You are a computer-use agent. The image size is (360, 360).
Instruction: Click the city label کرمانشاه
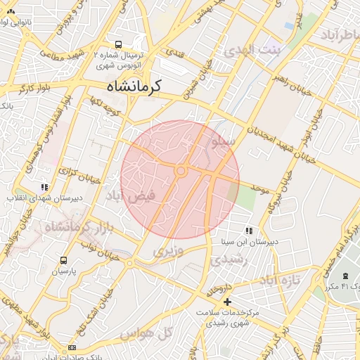click(134, 86)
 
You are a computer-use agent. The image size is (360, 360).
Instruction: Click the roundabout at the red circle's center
click(181, 171)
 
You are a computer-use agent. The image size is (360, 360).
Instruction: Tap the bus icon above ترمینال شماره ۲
click(118, 44)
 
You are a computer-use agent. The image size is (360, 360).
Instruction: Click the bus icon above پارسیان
click(65, 260)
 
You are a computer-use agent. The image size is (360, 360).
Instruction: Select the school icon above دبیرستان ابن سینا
click(248, 231)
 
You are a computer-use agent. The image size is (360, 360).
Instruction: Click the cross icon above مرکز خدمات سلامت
click(226, 302)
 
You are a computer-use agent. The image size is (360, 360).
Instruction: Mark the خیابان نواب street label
click(95, 245)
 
